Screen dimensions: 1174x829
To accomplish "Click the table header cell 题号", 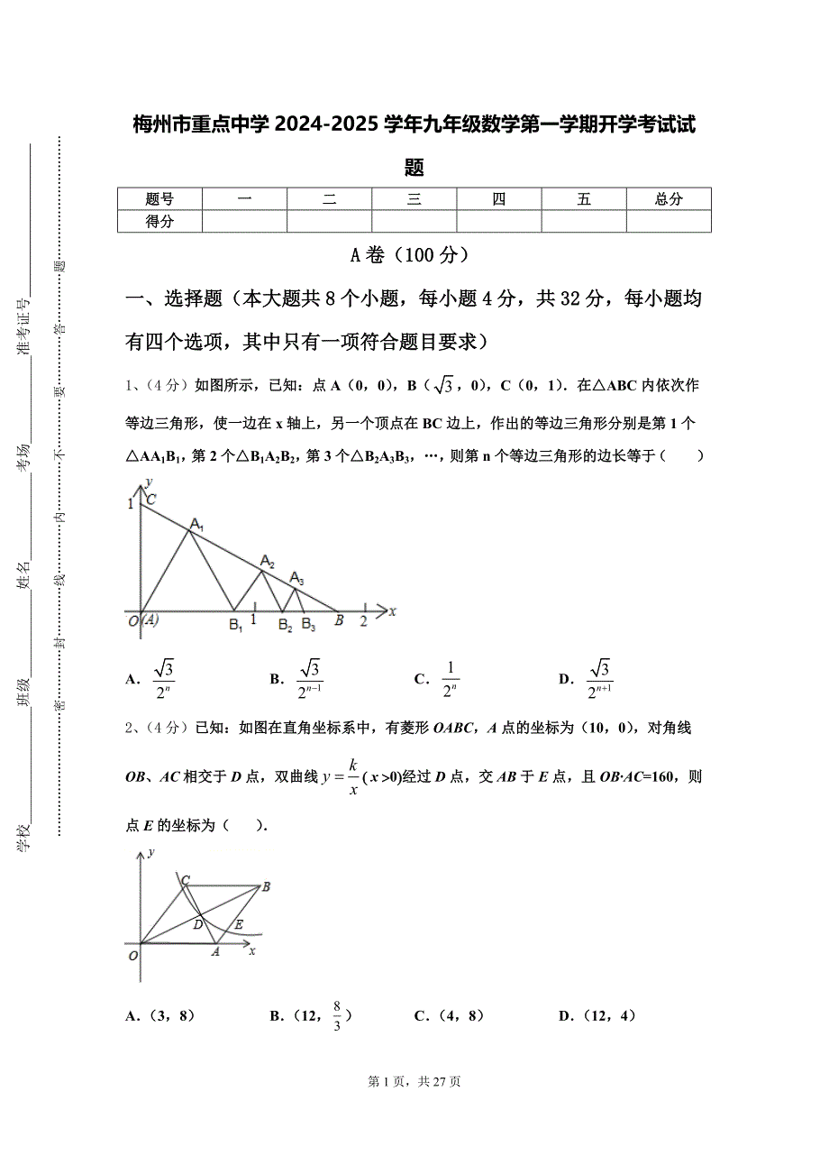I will pyautogui.click(x=159, y=199).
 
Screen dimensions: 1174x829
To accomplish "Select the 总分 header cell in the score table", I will pyautogui.click(x=669, y=199).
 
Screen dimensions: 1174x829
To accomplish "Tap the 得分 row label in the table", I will pyautogui.click(x=159, y=222).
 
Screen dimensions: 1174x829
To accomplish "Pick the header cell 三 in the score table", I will pyautogui.click(x=414, y=199).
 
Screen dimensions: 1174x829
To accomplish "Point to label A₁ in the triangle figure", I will pyautogui.click(x=196, y=526).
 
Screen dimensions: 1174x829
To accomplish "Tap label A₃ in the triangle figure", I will pyautogui.click(x=296, y=579).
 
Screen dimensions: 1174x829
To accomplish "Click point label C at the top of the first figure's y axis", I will pyautogui.click(x=151, y=500).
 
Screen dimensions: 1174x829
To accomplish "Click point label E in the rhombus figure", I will pyautogui.click(x=239, y=924).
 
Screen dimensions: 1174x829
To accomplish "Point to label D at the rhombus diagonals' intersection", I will pyautogui.click(x=197, y=924).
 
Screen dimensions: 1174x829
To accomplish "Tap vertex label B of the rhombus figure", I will pyautogui.click(x=267, y=887).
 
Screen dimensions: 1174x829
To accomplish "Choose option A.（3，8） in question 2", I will pyautogui.click(x=160, y=1016).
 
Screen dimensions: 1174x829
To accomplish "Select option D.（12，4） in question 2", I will pyautogui.click(x=597, y=1016).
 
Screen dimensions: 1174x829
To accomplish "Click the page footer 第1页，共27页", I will pyautogui.click(x=414, y=1082).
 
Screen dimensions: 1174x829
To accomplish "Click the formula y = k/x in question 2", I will pyautogui.click(x=342, y=777).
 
